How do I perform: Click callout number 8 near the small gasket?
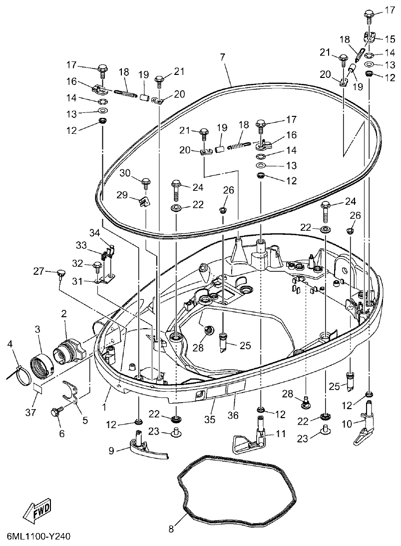pyautogui.click(x=171, y=529)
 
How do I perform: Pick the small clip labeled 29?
pyautogui.click(x=144, y=201)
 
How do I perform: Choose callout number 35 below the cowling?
pyautogui.click(x=210, y=419)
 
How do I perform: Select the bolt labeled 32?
pyautogui.click(x=97, y=265)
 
